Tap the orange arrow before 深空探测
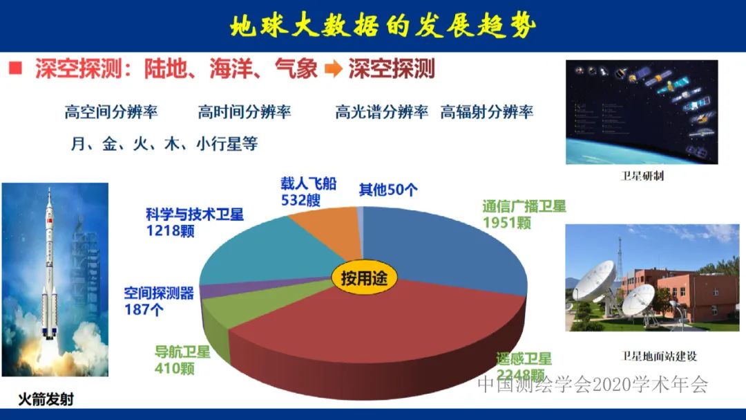click(x=334, y=69)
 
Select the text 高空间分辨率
click(x=111, y=112)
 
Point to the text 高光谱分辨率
click(x=381, y=112)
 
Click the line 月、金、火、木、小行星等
click(x=164, y=144)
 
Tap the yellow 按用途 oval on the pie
click(x=360, y=278)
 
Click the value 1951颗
click(x=507, y=223)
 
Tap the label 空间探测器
click(x=159, y=293)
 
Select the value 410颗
click(x=174, y=369)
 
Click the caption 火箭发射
click(x=46, y=399)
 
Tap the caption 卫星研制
click(x=642, y=176)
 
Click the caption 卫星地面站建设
click(x=659, y=356)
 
